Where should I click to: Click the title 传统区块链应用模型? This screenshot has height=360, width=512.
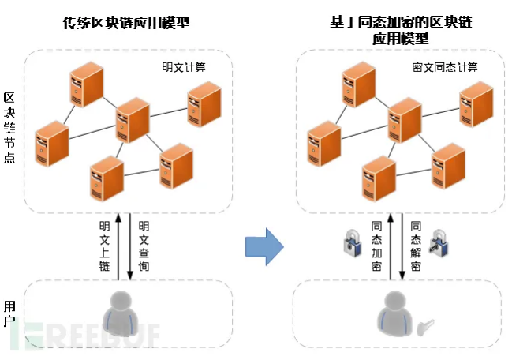click(126, 23)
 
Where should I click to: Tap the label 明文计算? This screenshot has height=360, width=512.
click(183, 68)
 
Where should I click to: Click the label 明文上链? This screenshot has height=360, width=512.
click(104, 245)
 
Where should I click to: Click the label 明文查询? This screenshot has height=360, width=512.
click(144, 245)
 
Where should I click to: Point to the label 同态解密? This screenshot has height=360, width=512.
click(417, 245)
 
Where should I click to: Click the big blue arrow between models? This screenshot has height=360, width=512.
click(263, 245)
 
